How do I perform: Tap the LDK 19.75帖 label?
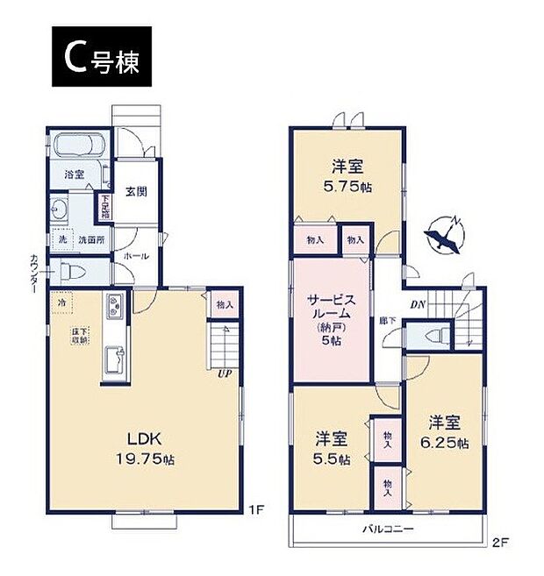(137, 447)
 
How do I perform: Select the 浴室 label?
(74, 174)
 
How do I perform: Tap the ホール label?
(135, 256)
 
